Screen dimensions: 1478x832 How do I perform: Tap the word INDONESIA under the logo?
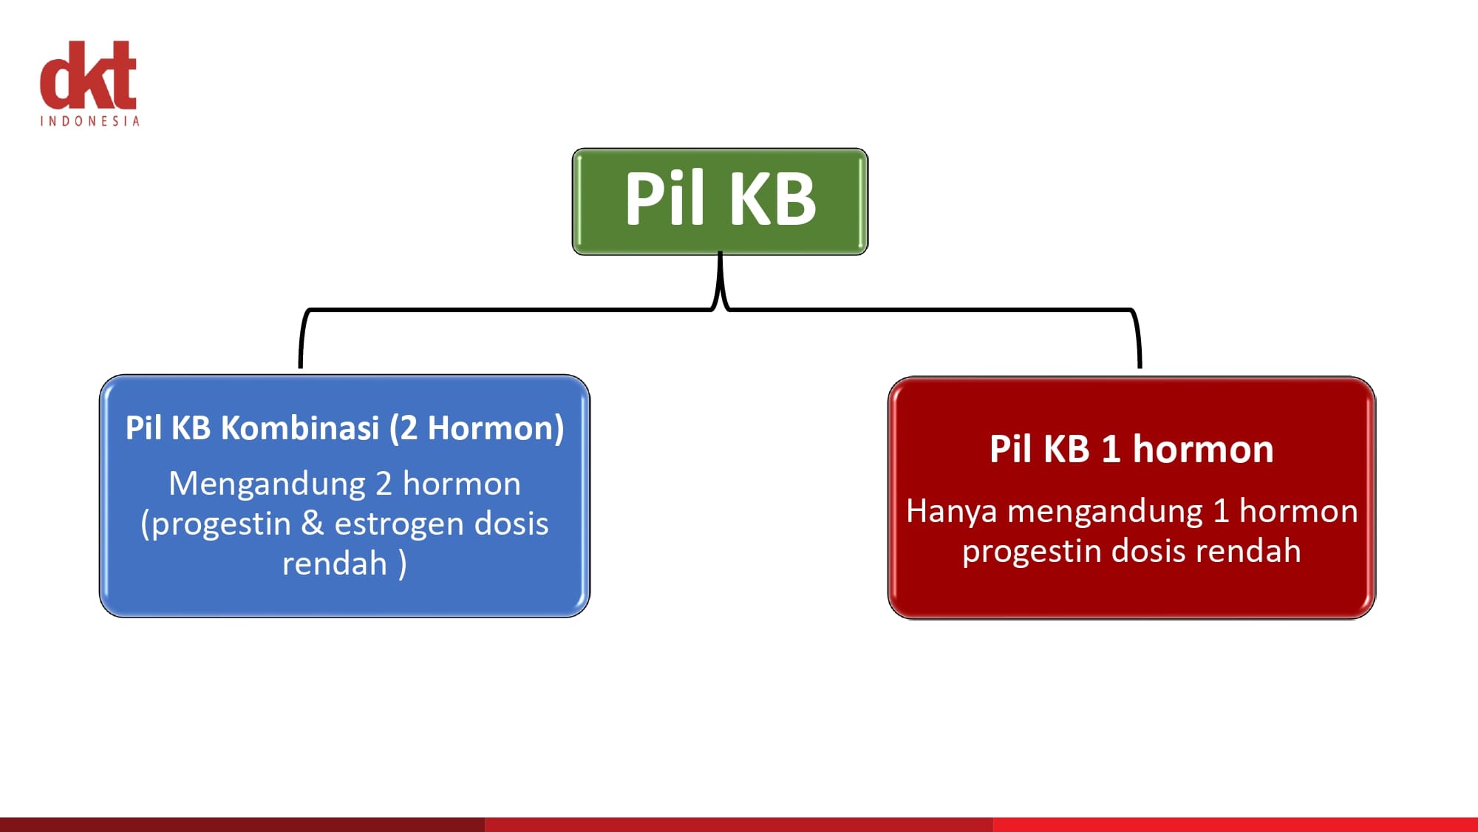click(x=89, y=121)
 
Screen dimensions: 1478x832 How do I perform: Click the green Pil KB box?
click(x=720, y=201)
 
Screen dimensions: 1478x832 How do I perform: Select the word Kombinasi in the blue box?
click(x=300, y=427)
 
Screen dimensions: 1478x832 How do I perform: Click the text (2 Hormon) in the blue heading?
click(x=477, y=428)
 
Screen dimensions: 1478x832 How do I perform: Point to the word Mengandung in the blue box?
click(x=267, y=485)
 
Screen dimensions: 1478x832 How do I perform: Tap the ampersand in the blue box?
click(x=313, y=524)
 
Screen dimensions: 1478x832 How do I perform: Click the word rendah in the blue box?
click(x=335, y=564)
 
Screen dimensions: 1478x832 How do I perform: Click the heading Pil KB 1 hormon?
click(x=1131, y=449)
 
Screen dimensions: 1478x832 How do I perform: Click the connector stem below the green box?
click(x=720, y=277)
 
